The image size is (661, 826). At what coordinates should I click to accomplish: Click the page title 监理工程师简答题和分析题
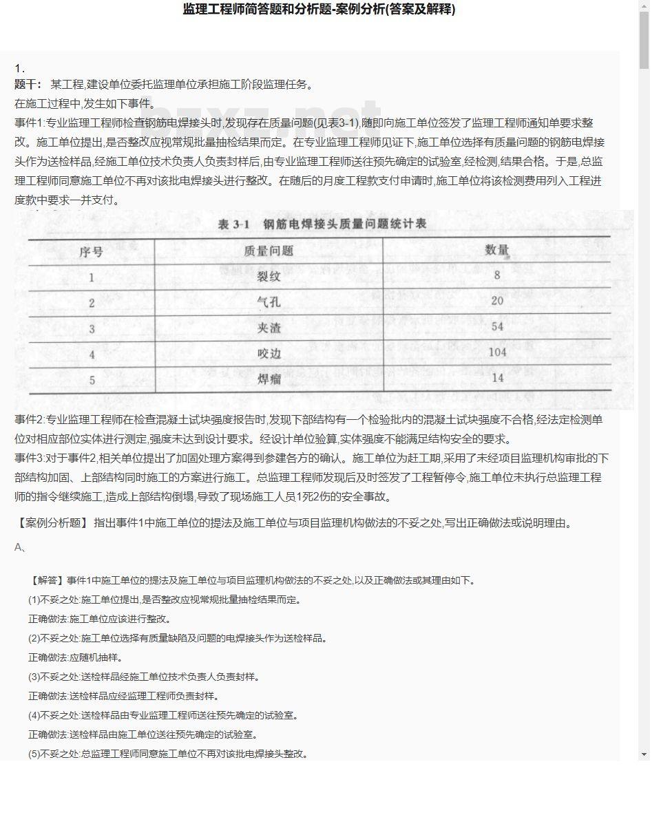(318, 10)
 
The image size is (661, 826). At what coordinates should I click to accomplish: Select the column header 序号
(91, 252)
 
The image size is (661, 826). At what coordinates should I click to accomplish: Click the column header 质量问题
(269, 251)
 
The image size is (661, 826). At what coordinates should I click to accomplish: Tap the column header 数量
(496, 250)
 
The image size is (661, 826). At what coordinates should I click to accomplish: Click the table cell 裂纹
(269, 277)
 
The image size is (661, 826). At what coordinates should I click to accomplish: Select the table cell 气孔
(269, 302)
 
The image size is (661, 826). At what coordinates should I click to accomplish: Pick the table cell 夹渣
(269, 328)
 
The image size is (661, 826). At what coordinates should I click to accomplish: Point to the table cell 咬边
(269, 353)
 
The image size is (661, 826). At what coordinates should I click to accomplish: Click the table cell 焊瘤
(269, 379)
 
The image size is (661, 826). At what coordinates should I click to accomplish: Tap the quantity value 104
(496, 352)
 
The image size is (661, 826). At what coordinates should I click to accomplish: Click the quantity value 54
(496, 326)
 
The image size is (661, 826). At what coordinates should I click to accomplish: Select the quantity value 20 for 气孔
(496, 301)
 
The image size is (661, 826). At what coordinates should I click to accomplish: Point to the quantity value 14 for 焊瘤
(496, 377)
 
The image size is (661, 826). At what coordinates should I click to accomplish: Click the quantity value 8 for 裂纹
(496, 275)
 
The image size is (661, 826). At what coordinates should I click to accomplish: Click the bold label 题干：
(28, 85)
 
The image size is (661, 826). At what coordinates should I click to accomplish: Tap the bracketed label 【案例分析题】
(52, 523)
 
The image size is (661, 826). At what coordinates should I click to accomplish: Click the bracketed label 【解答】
(48, 580)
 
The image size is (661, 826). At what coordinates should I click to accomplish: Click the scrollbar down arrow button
(644, 754)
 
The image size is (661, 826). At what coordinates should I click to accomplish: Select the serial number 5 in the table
(92, 380)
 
